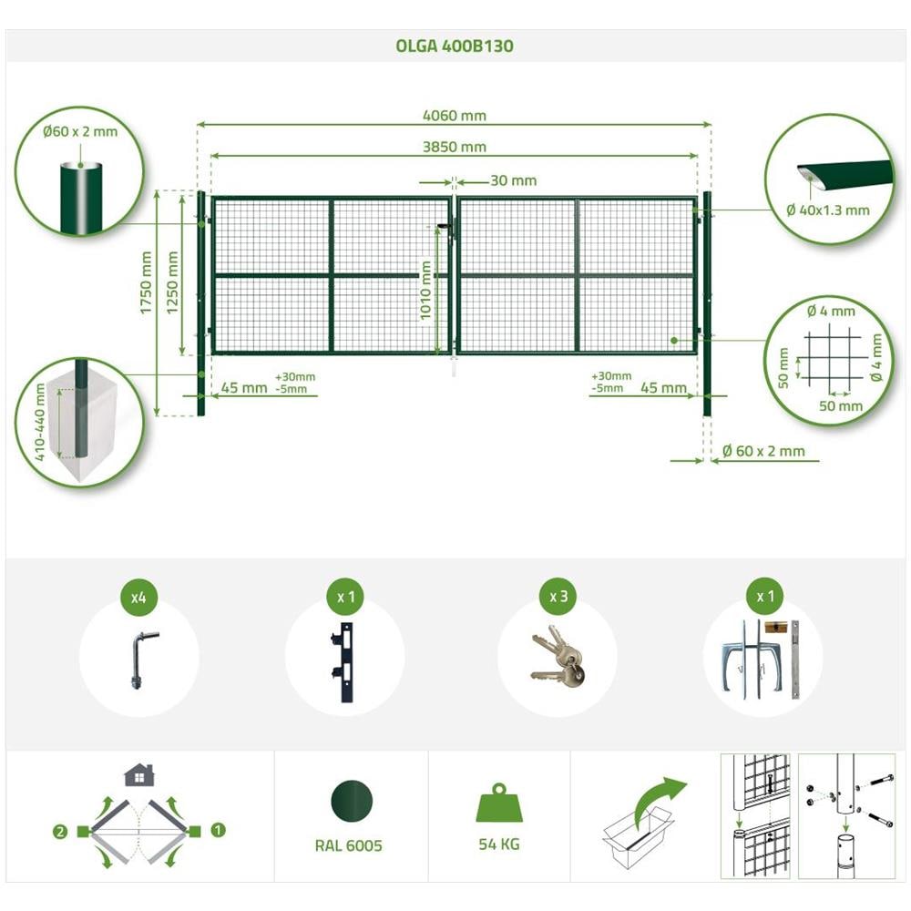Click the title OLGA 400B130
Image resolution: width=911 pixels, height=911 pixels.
click(x=455, y=46)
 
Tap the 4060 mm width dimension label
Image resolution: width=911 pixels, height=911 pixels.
click(x=455, y=116)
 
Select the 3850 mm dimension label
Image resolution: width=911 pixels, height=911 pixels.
click(x=455, y=147)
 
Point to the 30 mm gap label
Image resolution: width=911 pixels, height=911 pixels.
click(x=514, y=180)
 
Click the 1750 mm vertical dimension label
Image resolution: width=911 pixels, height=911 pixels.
click(x=145, y=282)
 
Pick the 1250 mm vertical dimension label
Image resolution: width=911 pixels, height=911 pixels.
click(x=172, y=282)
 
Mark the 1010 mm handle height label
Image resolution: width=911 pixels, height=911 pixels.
click(x=425, y=291)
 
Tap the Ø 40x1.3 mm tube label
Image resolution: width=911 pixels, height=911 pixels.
click(x=828, y=210)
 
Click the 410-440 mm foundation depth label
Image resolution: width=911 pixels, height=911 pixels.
click(x=39, y=422)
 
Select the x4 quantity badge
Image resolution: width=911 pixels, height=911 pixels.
click(x=138, y=597)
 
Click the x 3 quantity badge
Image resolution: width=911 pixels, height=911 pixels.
click(x=558, y=597)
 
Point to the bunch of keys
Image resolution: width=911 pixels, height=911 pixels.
click(x=558, y=657)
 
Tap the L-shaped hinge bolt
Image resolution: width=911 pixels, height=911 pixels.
click(x=141, y=660)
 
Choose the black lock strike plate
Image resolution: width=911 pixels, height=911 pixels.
click(x=343, y=663)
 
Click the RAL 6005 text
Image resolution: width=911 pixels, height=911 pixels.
click(x=349, y=845)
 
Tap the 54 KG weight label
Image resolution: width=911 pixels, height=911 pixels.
click(x=499, y=844)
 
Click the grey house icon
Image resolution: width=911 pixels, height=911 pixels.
click(x=139, y=775)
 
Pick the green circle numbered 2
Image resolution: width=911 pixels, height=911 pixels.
click(x=60, y=832)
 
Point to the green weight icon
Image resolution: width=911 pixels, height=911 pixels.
click(x=499, y=803)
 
